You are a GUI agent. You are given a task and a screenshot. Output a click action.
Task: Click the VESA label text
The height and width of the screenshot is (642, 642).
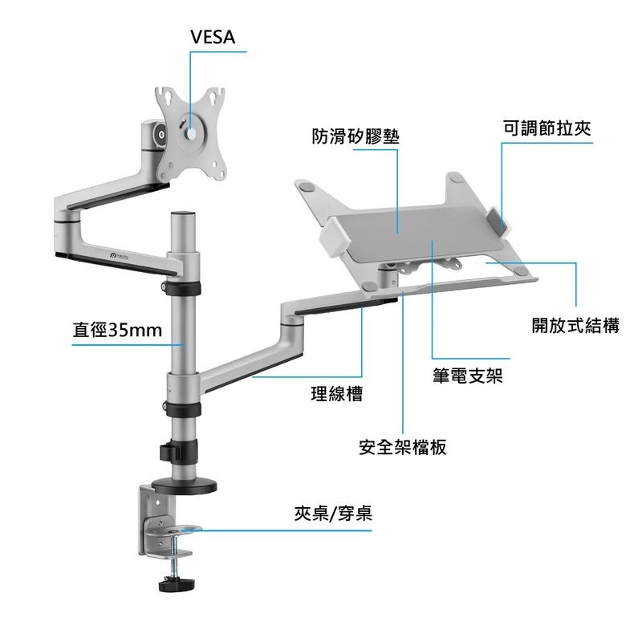(x=218, y=37)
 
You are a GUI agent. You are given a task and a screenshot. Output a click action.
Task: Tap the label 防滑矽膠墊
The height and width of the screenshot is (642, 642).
(x=355, y=136)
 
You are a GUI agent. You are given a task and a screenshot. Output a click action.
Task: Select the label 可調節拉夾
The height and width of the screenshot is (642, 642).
(x=547, y=128)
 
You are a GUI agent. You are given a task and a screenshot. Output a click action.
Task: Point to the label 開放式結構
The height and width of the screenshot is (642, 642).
(x=575, y=326)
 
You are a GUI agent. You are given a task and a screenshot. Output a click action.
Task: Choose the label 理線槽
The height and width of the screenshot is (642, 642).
(x=336, y=394)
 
